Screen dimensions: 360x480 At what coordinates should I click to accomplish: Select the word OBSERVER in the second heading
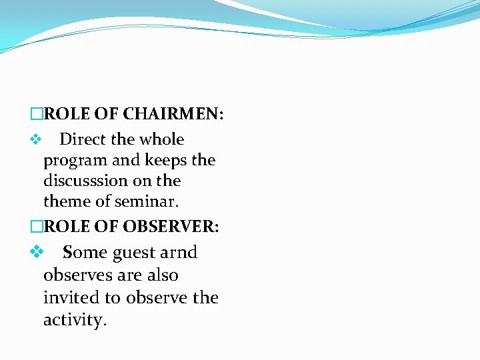tap(170, 226)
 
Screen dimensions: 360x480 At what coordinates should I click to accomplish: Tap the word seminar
tap(147, 201)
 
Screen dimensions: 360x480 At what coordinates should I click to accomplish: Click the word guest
tap(136, 253)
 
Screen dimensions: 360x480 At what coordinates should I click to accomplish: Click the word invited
tap(70, 297)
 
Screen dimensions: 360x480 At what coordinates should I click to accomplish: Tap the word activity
tap(75, 320)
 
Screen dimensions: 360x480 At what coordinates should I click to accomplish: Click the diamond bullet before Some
tap(37, 253)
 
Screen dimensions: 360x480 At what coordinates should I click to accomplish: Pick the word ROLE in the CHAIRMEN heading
tap(67, 114)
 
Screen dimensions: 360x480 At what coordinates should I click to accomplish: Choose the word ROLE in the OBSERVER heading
tap(67, 226)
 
